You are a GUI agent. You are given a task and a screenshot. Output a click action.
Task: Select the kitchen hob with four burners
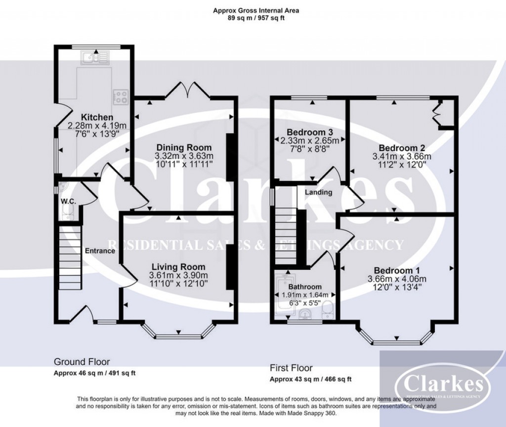click(x=121, y=96)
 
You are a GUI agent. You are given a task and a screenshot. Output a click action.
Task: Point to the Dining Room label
click(x=184, y=147)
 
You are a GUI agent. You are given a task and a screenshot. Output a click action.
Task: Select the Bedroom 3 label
click(x=309, y=132)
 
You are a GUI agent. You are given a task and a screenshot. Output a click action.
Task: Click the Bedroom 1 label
click(x=396, y=270)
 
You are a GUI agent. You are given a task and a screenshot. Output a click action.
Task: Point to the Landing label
click(x=318, y=192)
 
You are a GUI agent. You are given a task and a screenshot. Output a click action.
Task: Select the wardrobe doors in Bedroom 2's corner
click(x=437, y=112)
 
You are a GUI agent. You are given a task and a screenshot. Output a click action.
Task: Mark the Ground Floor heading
click(x=82, y=362)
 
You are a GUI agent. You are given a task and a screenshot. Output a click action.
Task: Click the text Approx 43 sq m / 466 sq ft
click(x=310, y=379)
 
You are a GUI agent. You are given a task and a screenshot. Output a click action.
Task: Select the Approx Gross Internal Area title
click(x=256, y=9)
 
